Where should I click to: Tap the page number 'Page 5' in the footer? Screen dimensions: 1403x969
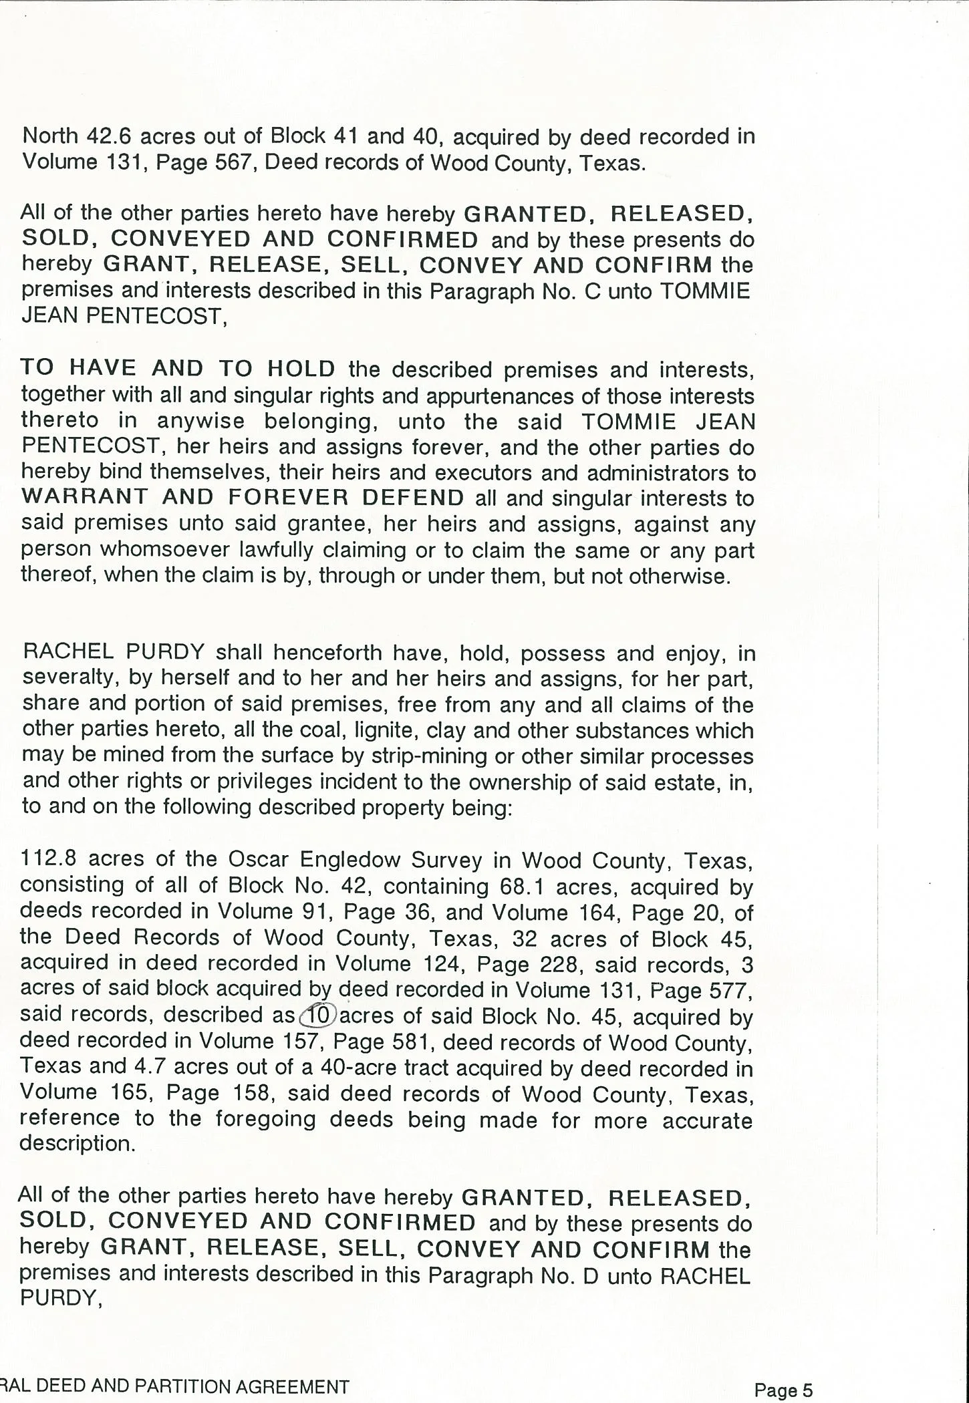point(783,1390)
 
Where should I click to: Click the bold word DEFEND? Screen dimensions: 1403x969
point(412,498)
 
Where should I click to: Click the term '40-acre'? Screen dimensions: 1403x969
point(360,1068)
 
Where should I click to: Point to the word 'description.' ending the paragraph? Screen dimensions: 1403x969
point(77,1144)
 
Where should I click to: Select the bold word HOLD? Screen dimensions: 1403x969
point(301,368)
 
